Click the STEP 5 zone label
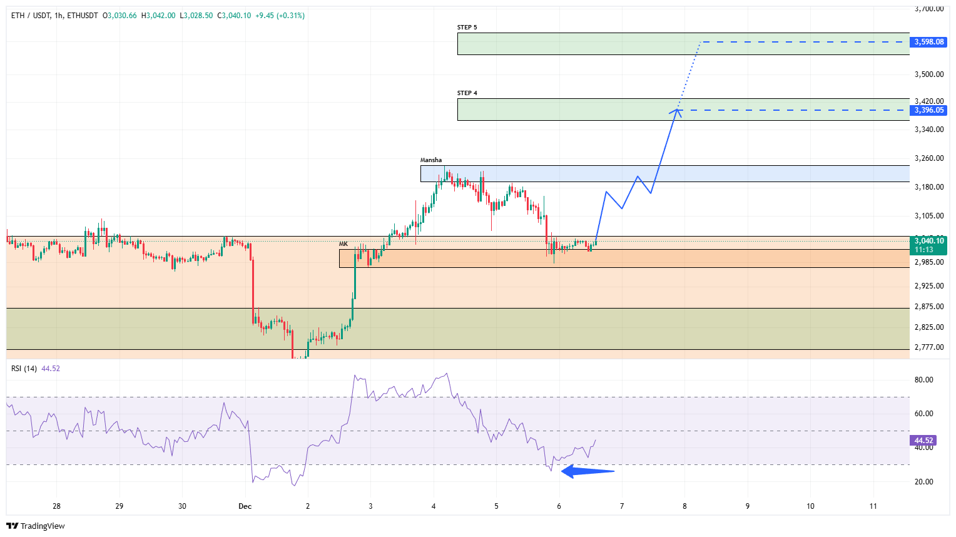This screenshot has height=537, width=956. tap(467, 28)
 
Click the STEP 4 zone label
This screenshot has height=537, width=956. tap(467, 93)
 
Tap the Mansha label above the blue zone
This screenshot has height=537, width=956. tap(430, 160)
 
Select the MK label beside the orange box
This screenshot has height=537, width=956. tap(343, 244)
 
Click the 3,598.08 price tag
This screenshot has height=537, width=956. tap(928, 42)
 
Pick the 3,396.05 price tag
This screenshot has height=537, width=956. tap(928, 110)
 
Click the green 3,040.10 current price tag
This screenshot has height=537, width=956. tap(928, 241)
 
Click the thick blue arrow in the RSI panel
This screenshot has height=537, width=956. tap(587, 471)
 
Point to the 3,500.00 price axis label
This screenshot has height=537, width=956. tap(928, 74)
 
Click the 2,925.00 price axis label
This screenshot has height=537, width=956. tap(928, 286)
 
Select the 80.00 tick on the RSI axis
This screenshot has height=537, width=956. tap(923, 380)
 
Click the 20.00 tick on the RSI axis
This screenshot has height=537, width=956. tap(923, 482)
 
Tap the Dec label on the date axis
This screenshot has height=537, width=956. tap(245, 506)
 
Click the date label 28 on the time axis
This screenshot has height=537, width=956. tap(56, 506)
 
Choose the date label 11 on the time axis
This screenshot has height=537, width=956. tap(873, 506)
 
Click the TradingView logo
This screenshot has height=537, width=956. tap(36, 526)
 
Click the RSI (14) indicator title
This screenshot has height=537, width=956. tap(24, 369)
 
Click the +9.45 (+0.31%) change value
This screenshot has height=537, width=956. tap(281, 16)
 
